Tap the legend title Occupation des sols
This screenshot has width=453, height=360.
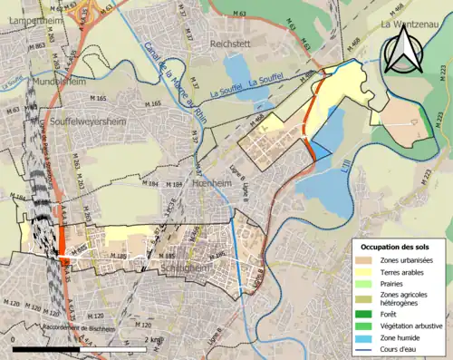397,247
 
